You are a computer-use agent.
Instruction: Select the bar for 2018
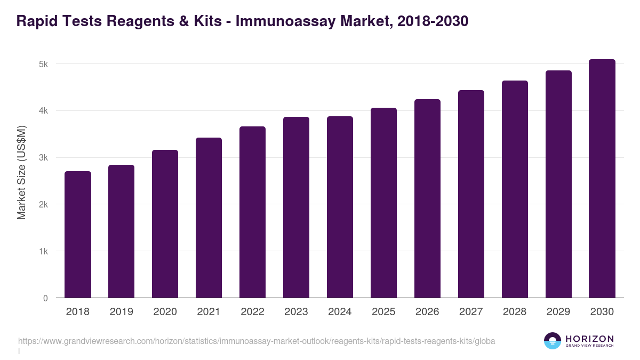coord(78,235)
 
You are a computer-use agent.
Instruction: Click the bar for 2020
coord(165,224)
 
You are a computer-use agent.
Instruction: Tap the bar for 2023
coord(296,207)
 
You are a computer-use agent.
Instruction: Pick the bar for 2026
coord(427,198)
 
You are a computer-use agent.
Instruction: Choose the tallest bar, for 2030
coord(602,179)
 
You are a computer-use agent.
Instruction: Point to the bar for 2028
coord(515,189)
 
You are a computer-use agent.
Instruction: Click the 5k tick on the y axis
coord(43,64)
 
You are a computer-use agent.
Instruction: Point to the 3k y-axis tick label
coord(43,158)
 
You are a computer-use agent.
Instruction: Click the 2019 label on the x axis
coord(122,312)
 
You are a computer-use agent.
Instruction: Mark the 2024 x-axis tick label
coord(340,312)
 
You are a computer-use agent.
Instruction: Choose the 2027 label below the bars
coord(471,312)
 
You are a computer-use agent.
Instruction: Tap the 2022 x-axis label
coord(252,312)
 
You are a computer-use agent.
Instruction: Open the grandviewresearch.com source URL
coord(257,341)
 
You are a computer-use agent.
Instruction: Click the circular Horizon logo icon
coord(553,341)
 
